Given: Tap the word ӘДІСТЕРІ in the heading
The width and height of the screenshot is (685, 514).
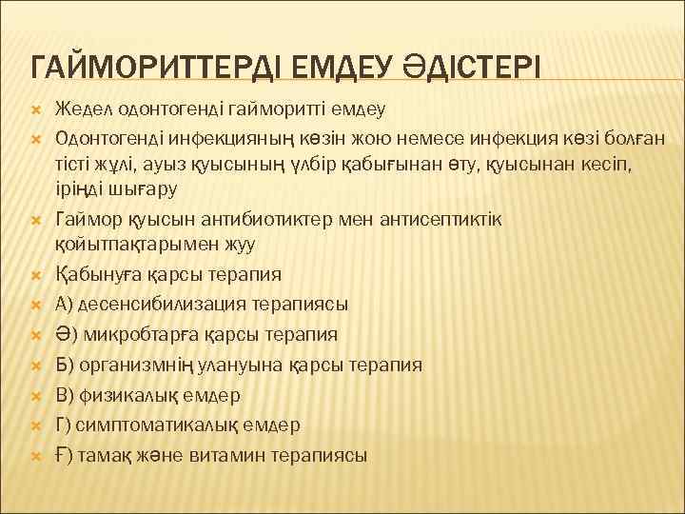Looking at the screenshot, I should point(460,68).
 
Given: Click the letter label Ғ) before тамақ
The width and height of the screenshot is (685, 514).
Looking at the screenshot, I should point(65,455).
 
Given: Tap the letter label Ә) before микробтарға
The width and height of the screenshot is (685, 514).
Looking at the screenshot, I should point(67,334).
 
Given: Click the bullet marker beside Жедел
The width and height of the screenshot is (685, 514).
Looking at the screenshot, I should point(36,111).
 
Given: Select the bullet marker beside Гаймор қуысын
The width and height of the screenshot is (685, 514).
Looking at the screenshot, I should point(36,220).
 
